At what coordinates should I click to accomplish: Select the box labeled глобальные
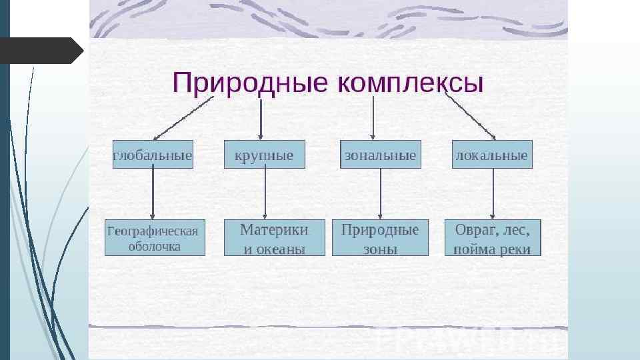[153, 155]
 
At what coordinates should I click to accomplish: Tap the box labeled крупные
[264, 155]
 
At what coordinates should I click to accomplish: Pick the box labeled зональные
[380, 155]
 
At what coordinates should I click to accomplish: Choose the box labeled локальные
[492, 155]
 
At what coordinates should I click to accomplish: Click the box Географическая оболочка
[155, 238]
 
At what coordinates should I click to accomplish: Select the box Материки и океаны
[274, 238]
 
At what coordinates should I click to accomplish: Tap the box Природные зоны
[380, 238]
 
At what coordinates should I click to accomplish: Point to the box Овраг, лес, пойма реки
[493, 238]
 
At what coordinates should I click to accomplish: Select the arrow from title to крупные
[260, 119]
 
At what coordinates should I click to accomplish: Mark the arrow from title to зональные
[373, 119]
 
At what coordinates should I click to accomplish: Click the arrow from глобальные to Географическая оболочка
[153, 193]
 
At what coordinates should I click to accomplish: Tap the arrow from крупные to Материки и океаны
[265, 193]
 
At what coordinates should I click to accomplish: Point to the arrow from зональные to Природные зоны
[381, 193]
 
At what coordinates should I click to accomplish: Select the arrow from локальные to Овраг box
[493, 193]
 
